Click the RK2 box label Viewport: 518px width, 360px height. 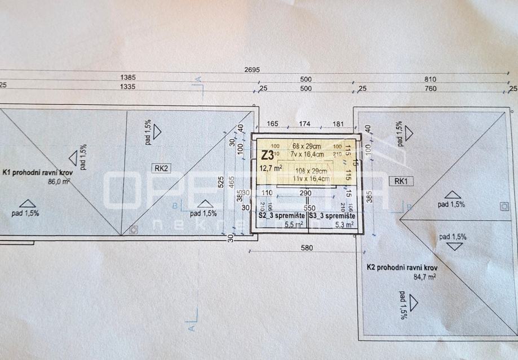click(x=161, y=167)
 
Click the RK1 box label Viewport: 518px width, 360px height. click(x=401, y=181)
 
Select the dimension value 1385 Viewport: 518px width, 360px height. click(x=127, y=77)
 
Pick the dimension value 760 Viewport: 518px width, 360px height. click(x=430, y=88)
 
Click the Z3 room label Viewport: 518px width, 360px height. click(x=268, y=154)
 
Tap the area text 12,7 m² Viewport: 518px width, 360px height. click(x=271, y=167)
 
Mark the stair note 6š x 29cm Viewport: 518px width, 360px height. click(x=306, y=146)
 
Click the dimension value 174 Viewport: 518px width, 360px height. click(x=304, y=123)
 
